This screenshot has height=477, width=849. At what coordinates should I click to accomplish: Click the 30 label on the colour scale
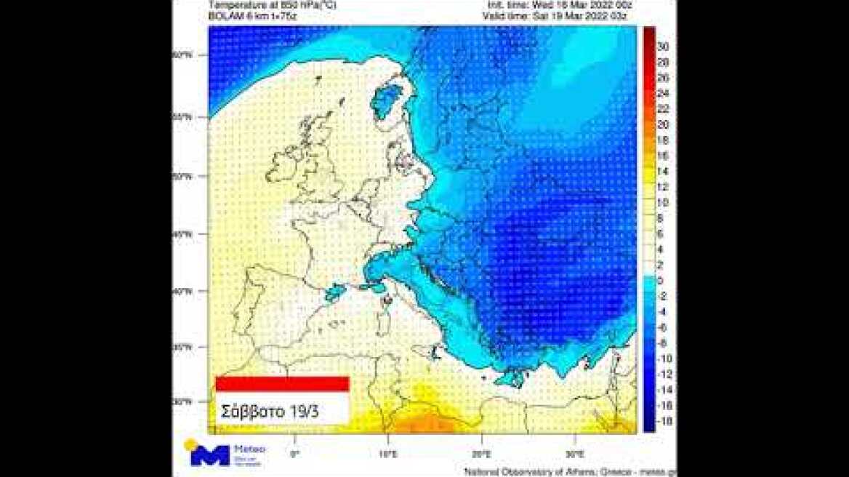[x=662, y=46]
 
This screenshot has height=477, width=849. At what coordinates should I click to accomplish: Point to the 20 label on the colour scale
[x=662, y=124]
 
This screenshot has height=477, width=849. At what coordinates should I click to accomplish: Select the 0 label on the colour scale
[x=661, y=281]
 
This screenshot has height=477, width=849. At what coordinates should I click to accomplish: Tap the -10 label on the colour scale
[x=664, y=358]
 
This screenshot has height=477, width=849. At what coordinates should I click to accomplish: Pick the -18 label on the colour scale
[x=664, y=421]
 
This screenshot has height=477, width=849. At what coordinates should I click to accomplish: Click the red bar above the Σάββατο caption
[x=283, y=383]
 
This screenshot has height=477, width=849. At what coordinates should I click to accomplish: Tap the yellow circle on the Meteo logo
[x=190, y=444]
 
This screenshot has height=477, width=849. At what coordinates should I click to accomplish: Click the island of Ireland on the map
[x=281, y=169]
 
